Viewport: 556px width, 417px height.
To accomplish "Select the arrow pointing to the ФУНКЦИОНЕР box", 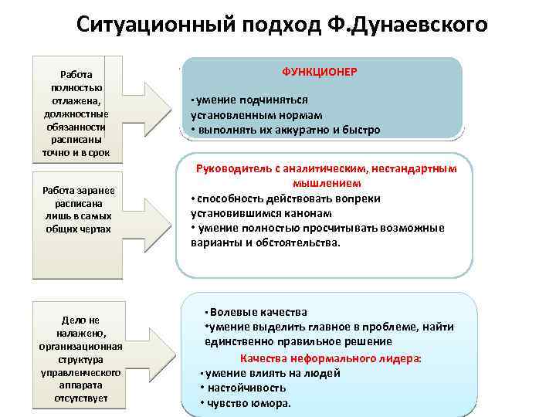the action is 147,104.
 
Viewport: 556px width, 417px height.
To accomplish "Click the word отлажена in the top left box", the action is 76,100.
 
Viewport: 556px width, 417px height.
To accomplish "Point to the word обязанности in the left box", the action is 76,127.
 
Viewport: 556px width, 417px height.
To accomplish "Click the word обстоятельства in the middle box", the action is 297,242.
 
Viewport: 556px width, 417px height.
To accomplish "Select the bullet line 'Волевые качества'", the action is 258,312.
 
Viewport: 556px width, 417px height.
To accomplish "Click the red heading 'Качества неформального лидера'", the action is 331,358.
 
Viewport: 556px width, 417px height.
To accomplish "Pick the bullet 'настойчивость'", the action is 243,388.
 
